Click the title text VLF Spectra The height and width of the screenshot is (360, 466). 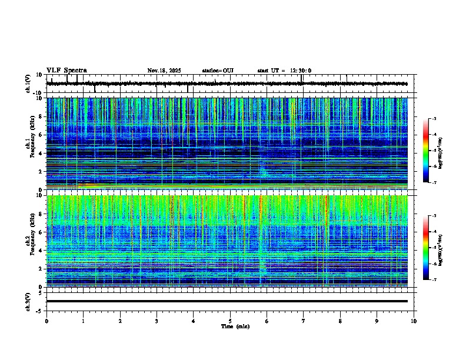[66, 71]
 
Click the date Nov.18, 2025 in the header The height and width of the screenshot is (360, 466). [164, 71]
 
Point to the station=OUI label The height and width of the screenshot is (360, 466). [218, 71]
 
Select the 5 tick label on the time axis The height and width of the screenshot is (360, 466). [230, 321]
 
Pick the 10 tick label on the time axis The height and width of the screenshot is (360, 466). [414, 321]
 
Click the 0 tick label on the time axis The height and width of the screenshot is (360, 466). [46, 321]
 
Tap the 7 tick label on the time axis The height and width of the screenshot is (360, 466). [304, 321]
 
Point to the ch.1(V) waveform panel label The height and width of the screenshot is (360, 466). [28, 84]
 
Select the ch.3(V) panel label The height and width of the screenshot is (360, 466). [28, 301]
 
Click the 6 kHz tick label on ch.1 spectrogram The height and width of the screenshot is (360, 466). [41, 135]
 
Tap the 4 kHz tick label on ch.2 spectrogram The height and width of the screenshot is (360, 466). [41, 251]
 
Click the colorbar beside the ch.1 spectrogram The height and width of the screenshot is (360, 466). [425, 151]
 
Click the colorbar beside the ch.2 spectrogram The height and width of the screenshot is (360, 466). [425, 248]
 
